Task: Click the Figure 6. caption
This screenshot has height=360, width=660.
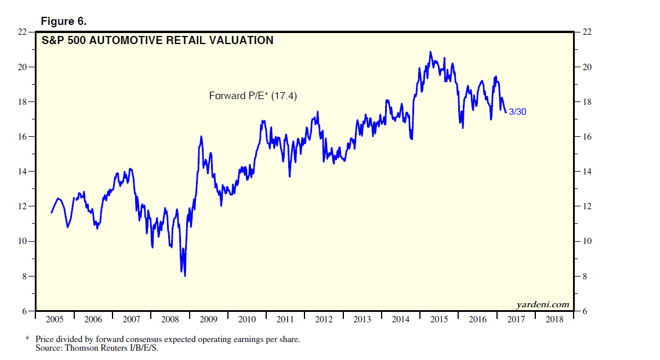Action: point(63,21)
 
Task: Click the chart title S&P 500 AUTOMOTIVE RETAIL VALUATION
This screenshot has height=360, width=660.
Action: point(157,41)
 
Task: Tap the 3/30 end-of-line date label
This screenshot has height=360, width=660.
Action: point(517,112)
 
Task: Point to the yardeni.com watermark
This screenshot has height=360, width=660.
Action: point(542,305)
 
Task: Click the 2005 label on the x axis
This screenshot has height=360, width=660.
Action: point(55,319)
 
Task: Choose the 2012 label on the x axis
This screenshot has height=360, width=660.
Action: point(324,319)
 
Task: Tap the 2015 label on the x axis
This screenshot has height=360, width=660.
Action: point(439,319)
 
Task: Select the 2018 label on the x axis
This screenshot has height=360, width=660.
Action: point(554,319)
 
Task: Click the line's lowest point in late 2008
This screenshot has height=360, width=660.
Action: point(185,276)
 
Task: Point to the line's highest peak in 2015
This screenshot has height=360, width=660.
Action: point(430,52)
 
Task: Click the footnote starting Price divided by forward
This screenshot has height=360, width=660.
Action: point(168,339)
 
